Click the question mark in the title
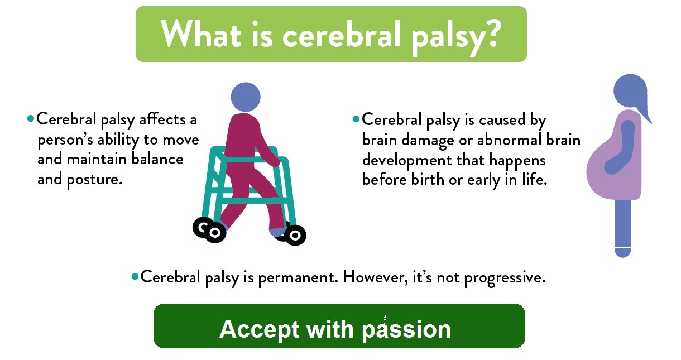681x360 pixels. pos(490,33)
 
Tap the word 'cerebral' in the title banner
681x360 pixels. pos(341,35)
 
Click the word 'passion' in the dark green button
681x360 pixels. pos(406,330)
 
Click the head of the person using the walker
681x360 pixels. pos(246,97)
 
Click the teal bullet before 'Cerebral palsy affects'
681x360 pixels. pos(30,118)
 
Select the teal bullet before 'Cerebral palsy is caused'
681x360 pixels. pos(356,119)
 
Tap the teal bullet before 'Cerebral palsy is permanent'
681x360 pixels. pos(135,277)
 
